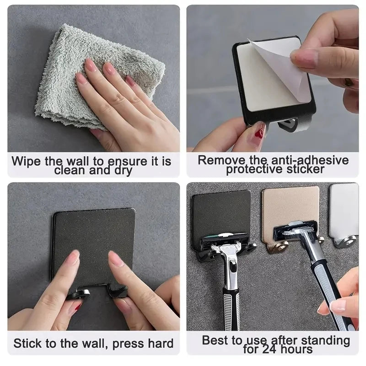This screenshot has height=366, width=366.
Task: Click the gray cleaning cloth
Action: [59, 78]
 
